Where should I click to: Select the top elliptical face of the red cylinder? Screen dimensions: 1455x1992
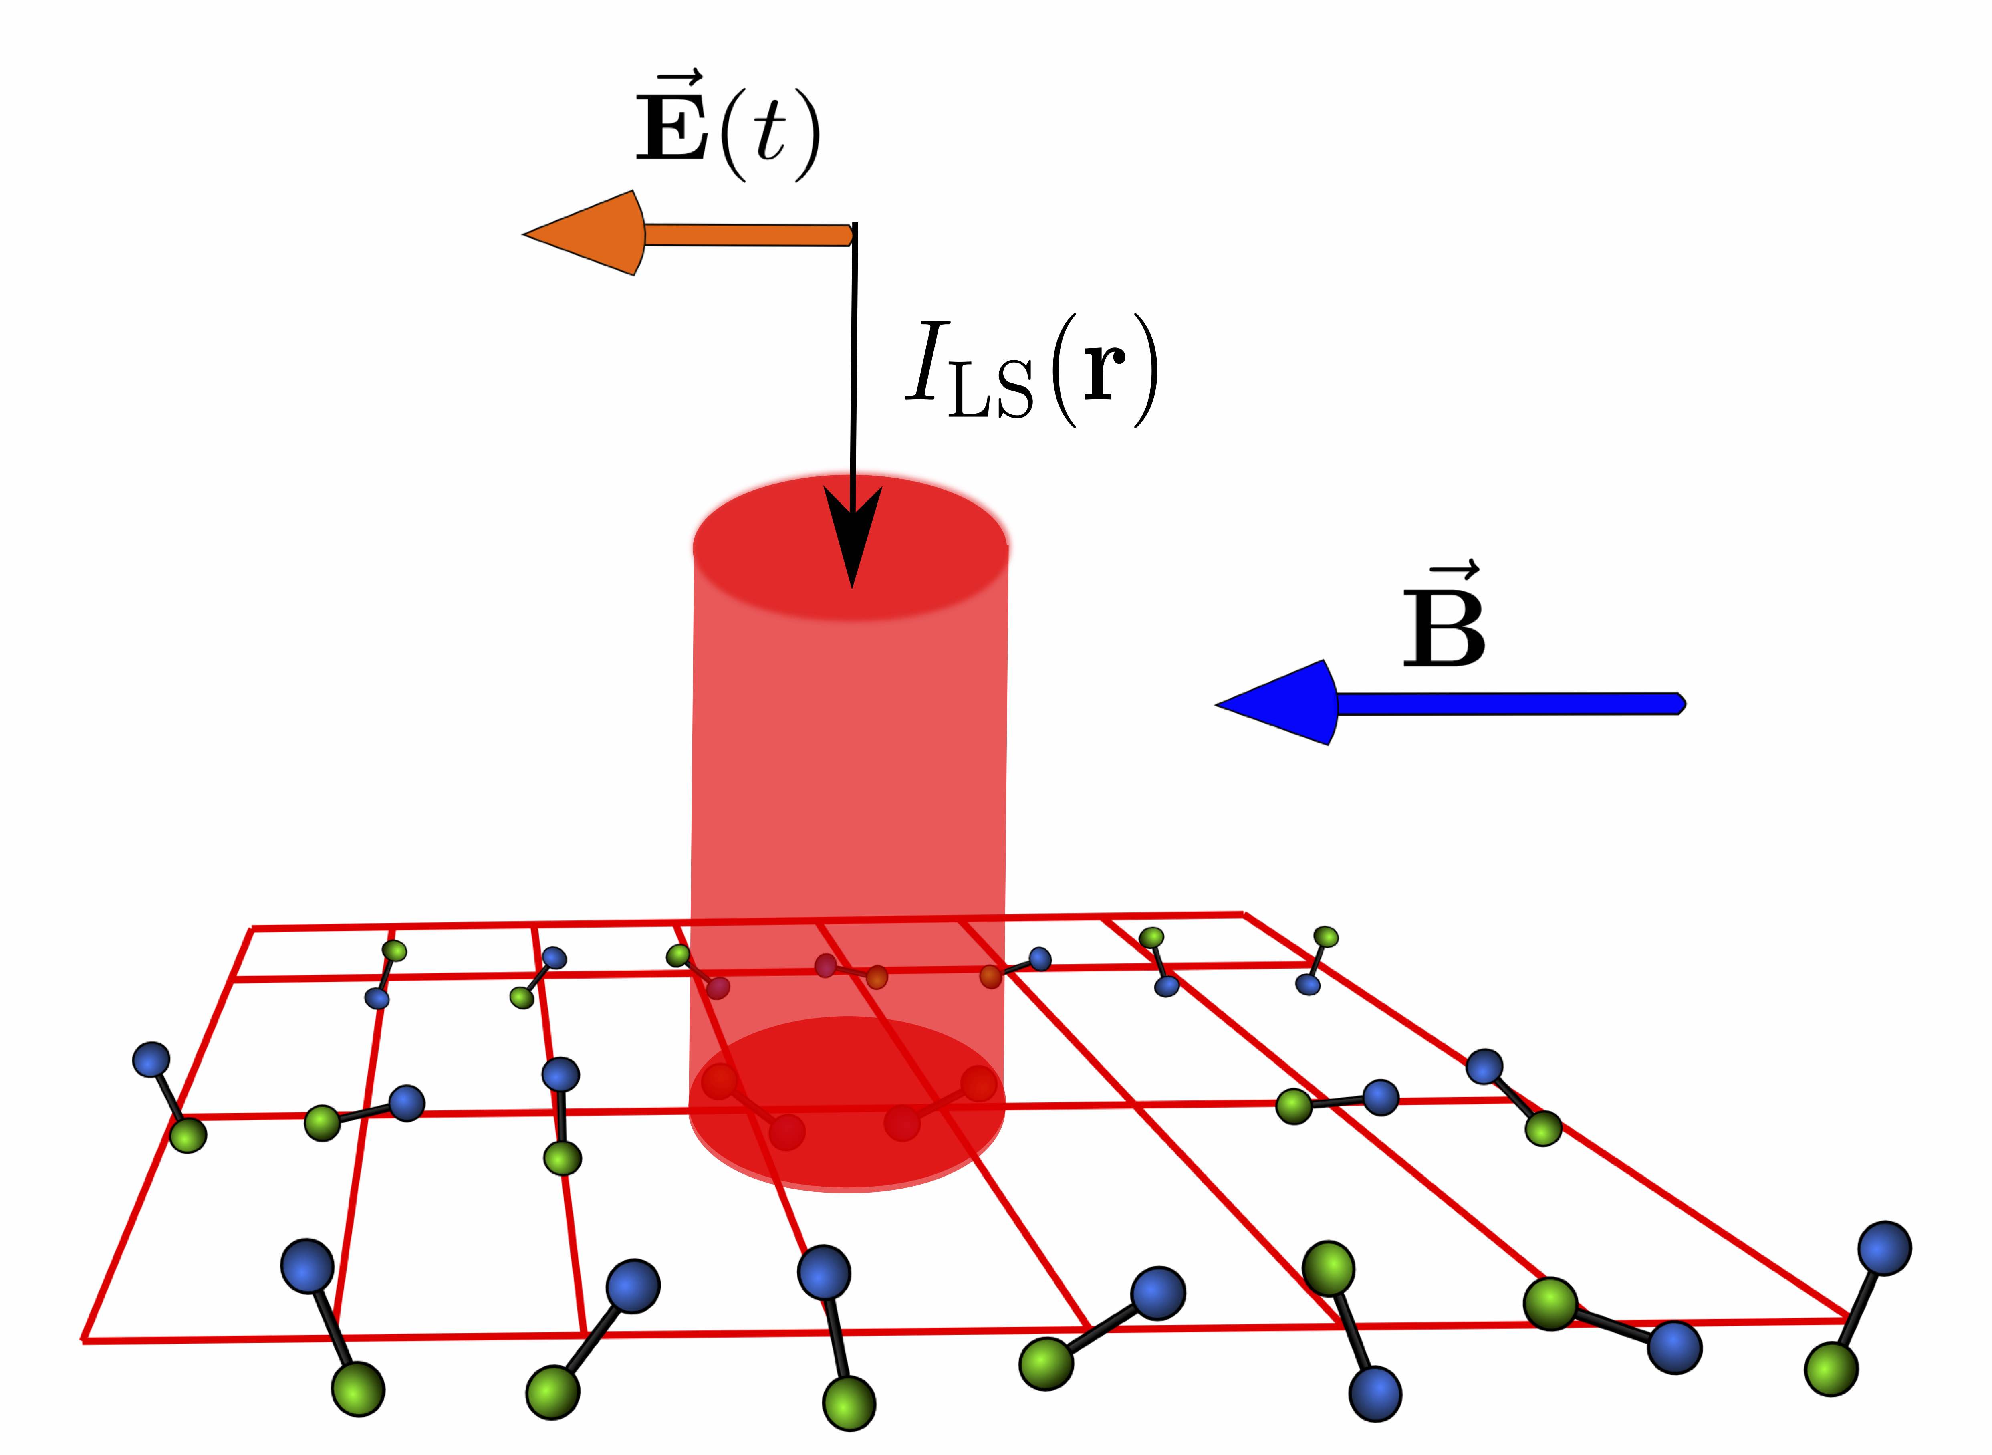850,548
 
